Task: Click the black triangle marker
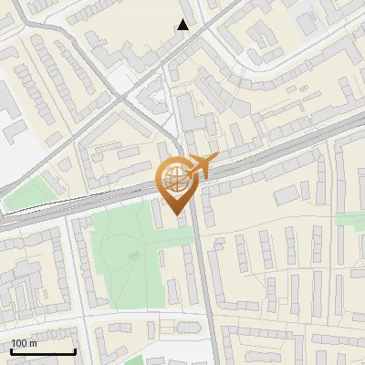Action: coord(183,25)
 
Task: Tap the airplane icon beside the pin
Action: coord(200,166)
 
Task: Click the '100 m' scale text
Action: coord(25,343)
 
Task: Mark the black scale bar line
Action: coord(43,351)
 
